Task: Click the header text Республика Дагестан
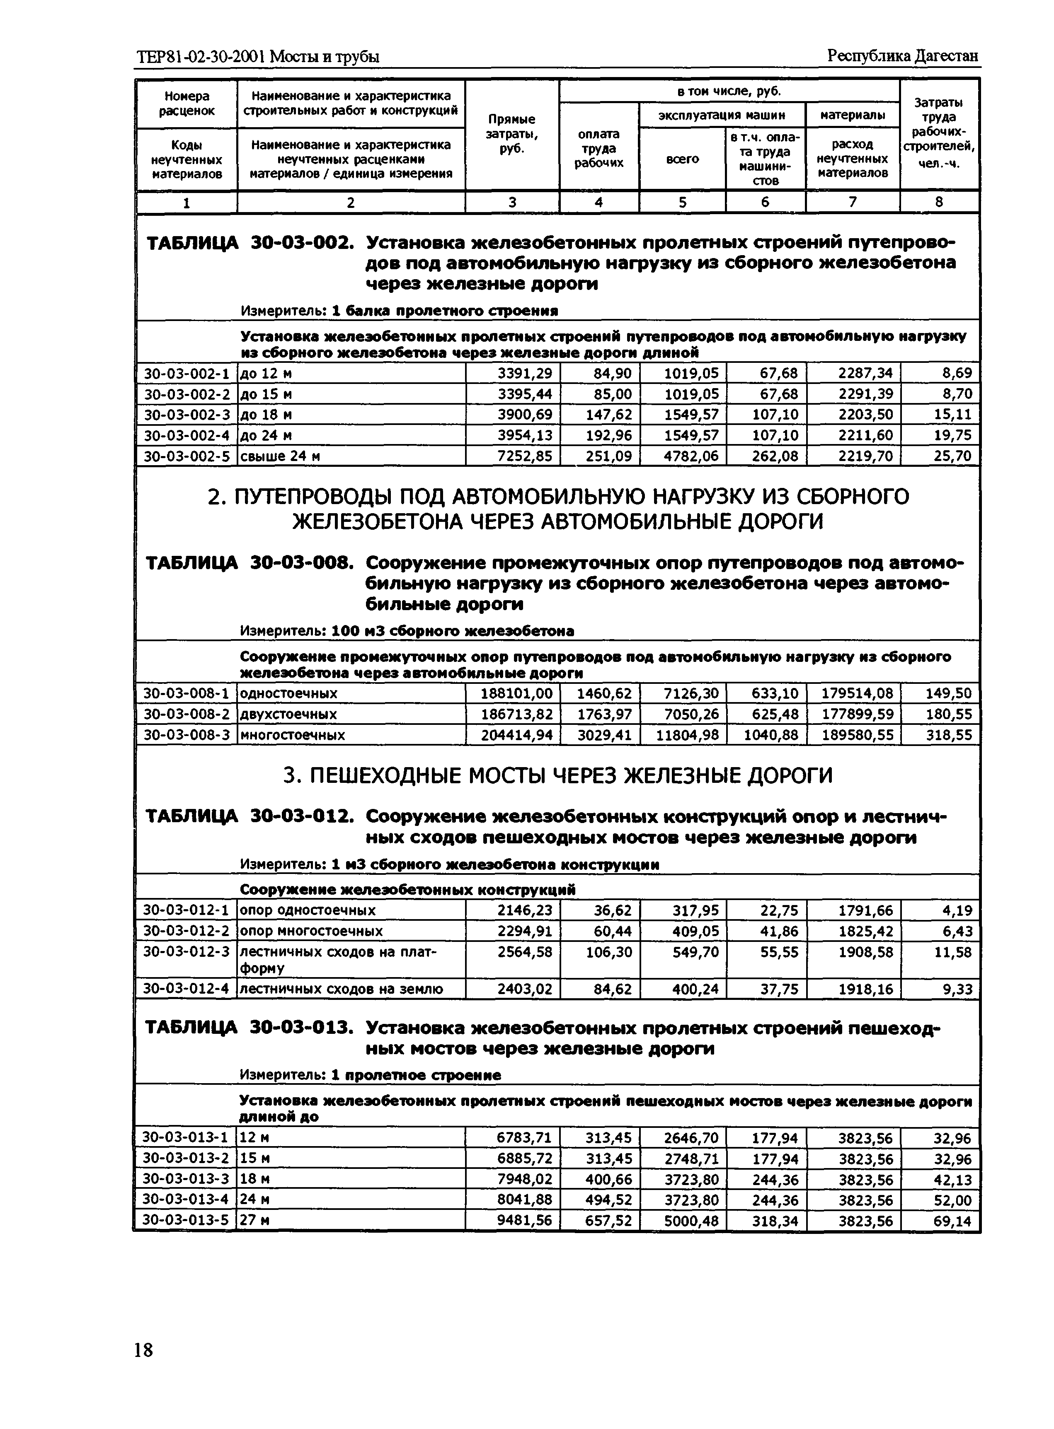pos(903,56)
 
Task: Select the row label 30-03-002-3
pos(186,415)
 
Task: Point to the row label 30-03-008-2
pos(186,714)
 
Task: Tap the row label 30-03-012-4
pos(186,989)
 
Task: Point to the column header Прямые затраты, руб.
pos(512,134)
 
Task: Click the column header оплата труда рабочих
pos(598,148)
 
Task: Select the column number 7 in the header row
pos(853,202)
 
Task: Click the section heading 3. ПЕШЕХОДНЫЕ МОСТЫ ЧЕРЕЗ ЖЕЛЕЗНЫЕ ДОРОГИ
pos(557,775)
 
